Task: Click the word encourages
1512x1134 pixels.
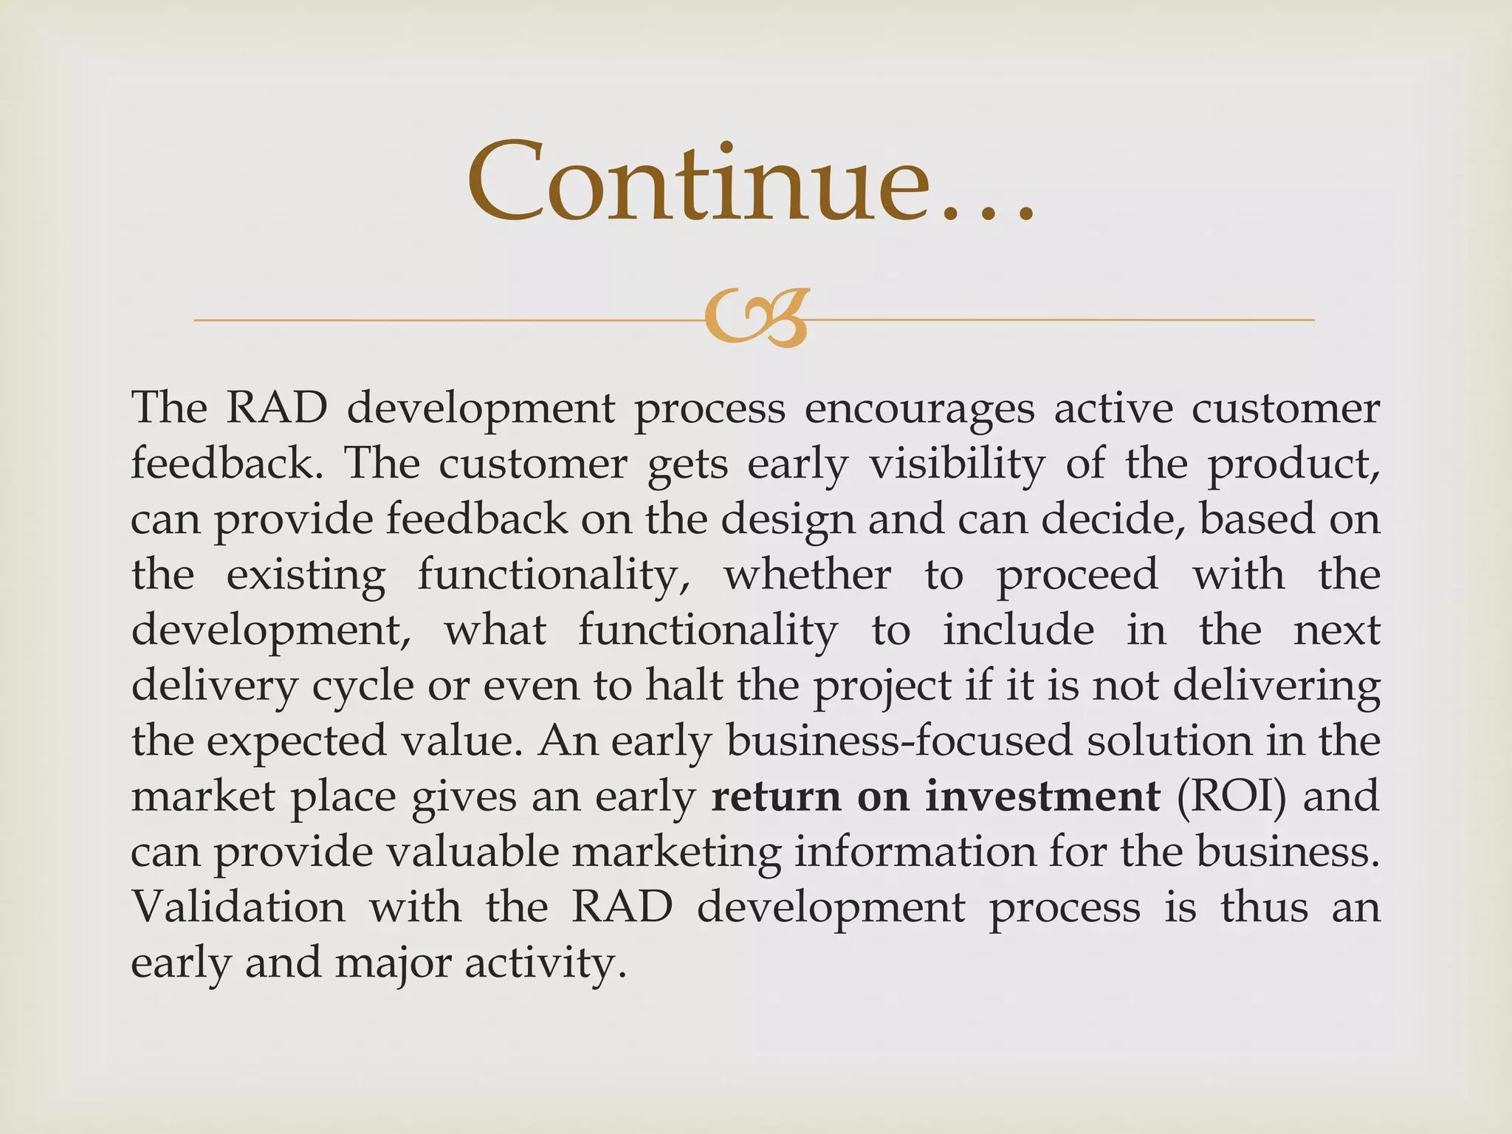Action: click(919, 409)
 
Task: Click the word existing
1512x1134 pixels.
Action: click(306, 575)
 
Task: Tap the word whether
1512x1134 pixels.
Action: click(807, 574)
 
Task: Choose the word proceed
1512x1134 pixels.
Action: click(1077, 575)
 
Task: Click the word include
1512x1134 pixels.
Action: click(1018, 630)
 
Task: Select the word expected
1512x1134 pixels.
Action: click(296, 741)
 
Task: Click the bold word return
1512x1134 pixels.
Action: click(776, 796)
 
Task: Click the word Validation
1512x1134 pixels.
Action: click(238, 907)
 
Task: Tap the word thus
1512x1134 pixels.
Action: click(1264, 907)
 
